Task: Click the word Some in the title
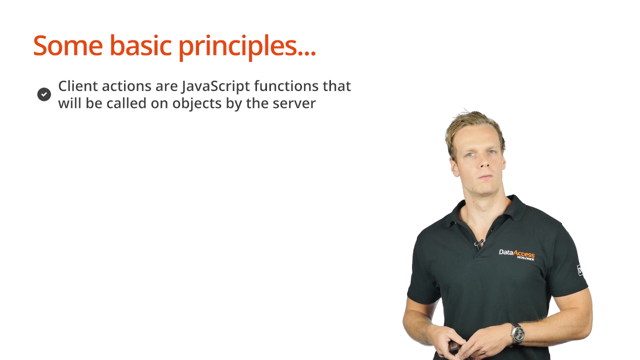click(x=68, y=45)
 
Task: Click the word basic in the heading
click(x=140, y=45)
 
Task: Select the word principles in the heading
click(x=237, y=47)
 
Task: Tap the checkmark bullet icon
click(x=44, y=94)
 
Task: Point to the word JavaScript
click(x=215, y=87)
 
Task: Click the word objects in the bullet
click(x=197, y=103)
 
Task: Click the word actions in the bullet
click(x=126, y=86)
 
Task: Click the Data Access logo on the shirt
click(x=516, y=254)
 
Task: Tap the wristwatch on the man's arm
click(x=517, y=333)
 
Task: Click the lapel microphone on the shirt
click(x=479, y=243)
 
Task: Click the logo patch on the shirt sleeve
click(x=580, y=269)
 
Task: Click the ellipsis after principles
click(x=307, y=53)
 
